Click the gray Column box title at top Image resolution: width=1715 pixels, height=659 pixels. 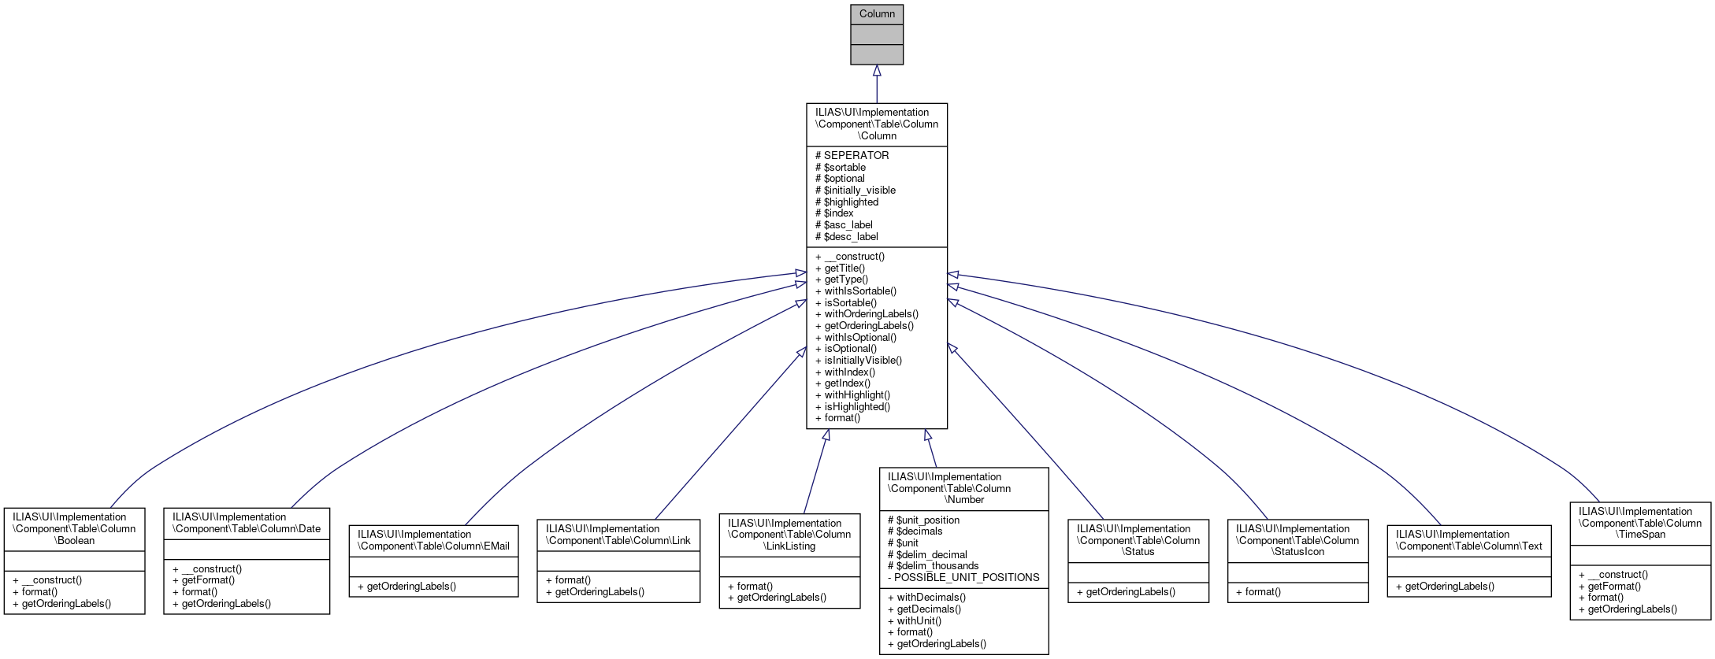(876, 14)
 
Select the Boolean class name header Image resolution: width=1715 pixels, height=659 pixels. (74, 529)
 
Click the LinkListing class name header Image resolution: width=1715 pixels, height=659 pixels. (789, 535)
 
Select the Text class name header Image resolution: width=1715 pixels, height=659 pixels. (1468, 540)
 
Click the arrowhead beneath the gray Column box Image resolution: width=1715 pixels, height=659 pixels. (877, 71)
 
